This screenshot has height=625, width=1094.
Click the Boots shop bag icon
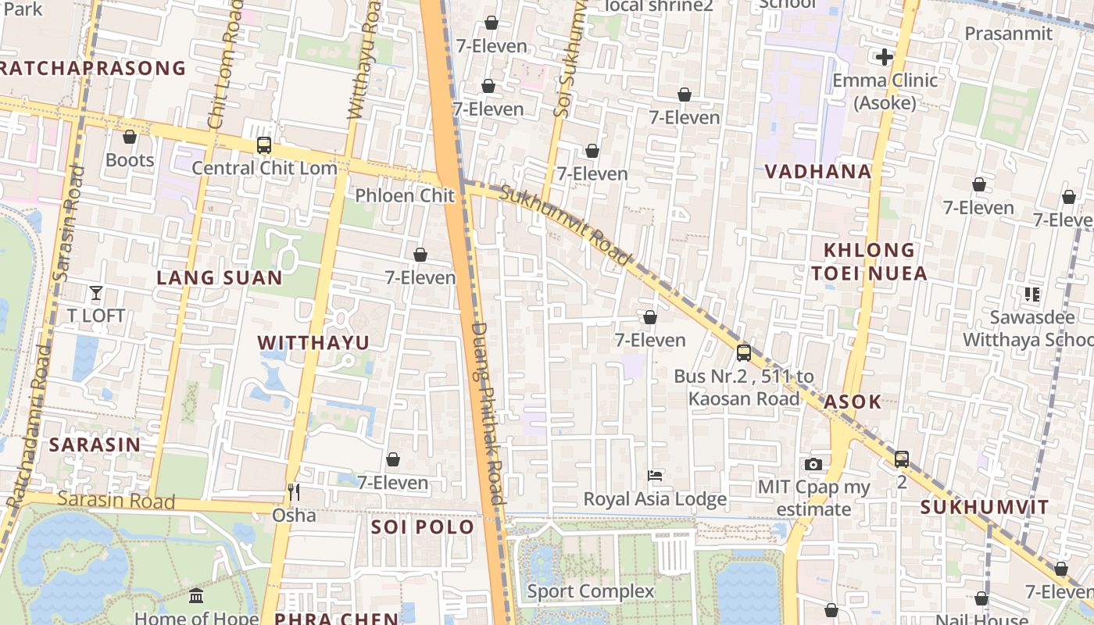[x=130, y=137]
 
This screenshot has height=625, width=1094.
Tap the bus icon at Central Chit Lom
[x=264, y=145]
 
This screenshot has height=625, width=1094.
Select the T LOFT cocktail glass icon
[x=96, y=293]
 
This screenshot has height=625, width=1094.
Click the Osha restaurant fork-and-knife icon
[x=294, y=492]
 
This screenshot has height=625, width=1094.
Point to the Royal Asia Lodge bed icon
[x=655, y=475]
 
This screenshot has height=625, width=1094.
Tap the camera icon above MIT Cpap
[x=813, y=464]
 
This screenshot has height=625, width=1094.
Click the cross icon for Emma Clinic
[x=885, y=57]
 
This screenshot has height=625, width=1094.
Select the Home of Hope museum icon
[x=196, y=596]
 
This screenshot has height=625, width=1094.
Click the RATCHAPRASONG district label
[x=93, y=68]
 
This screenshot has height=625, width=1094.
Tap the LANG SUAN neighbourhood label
[x=220, y=277]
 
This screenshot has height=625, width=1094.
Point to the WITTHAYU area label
[x=313, y=342]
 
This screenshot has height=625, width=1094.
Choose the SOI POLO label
[x=423, y=527]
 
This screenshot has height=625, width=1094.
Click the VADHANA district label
[x=817, y=171]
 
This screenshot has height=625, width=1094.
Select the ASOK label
[x=853, y=402]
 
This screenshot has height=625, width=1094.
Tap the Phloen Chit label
[x=405, y=195]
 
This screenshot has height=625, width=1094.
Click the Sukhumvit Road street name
[x=565, y=224]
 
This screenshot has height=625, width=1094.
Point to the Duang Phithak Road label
[x=488, y=413]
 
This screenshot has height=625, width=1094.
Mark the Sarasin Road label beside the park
[x=116, y=500]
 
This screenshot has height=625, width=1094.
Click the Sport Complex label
[x=591, y=591]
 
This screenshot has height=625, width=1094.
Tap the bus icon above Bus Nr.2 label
[x=744, y=353]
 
